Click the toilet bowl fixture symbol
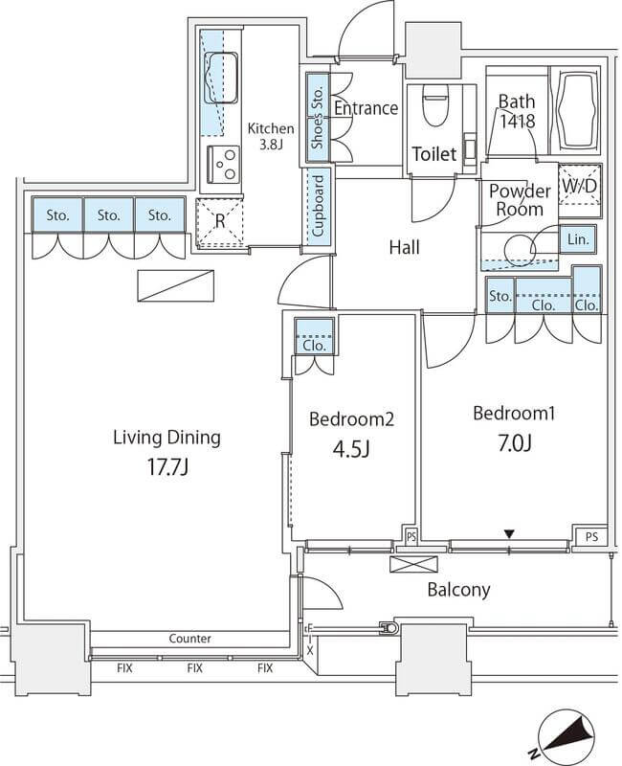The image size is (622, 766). click(x=435, y=105)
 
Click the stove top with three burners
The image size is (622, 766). click(x=224, y=164)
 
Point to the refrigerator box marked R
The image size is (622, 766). click(x=220, y=223)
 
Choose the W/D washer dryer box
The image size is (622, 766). click(x=579, y=186)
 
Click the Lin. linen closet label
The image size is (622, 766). click(x=578, y=239)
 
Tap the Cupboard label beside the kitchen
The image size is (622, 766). click(x=319, y=206)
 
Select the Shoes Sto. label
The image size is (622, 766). click(x=318, y=117)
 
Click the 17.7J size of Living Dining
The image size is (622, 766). click(x=168, y=467)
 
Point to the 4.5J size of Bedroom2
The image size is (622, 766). click(x=350, y=449)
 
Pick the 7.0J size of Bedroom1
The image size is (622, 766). click(x=514, y=443)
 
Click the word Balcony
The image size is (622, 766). click(x=458, y=590)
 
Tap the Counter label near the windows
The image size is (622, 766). click(x=189, y=639)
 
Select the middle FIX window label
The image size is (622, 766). click(x=195, y=667)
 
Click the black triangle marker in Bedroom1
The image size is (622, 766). click(x=509, y=534)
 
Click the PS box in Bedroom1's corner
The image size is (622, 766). click(x=591, y=537)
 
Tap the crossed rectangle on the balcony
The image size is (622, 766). click(x=414, y=564)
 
